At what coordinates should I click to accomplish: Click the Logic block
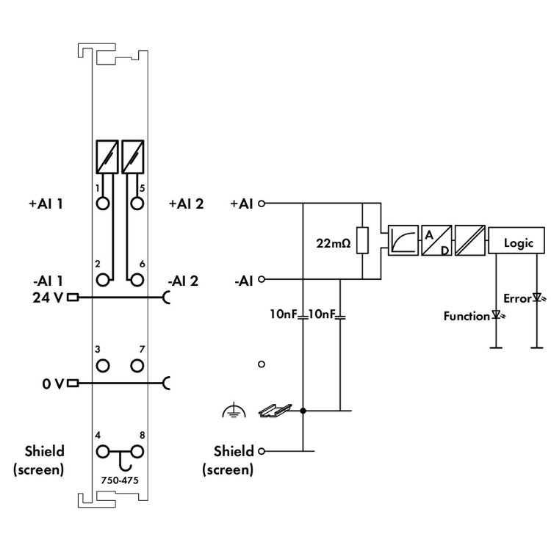pyautogui.click(x=518, y=242)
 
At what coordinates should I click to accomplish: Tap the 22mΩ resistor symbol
pyautogui.click(x=362, y=241)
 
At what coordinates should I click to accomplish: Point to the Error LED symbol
pyautogui.click(x=537, y=298)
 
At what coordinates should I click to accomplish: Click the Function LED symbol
pyautogui.click(x=497, y=316)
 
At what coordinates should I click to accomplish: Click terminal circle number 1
pyautogui.click(x=102, y=204)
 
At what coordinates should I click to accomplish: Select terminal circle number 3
pyautogui.click(x=102, y=364)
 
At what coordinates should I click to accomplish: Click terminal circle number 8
pyautogui.click(x=137, y=451)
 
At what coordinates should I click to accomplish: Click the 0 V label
pyautogui.click(x=54, y=383)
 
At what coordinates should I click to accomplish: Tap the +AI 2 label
pyautogui.click(x=185, y=204)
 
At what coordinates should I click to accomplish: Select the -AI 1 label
pyautogui.click(x=46, y=280)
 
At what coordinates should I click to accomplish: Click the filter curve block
pyautogui.click(x=404, y=241)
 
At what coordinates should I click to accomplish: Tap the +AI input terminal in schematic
pyautogui.click(x=261, y=204)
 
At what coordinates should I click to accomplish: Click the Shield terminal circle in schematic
pyautogui.click(x=261, y=451)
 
